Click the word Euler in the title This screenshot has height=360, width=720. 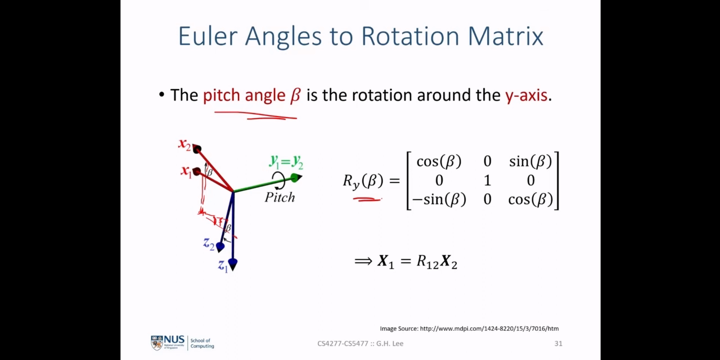point(208,36)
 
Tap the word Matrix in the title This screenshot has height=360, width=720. point(505,36)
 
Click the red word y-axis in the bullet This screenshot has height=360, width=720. point(526,96)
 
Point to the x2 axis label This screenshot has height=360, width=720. point(185,144)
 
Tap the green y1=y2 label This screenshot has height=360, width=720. point(286,161)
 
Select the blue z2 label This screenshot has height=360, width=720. point(209,244)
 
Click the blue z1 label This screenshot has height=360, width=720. point(223,266)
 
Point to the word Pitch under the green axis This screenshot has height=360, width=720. point(280,197)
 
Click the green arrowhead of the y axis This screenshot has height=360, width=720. point(296,177)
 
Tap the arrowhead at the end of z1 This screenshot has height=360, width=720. point(233,264)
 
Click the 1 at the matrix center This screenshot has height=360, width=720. point(487,181)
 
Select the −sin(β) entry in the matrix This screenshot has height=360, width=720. point(439,200)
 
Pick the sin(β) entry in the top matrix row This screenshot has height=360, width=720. point(530,161)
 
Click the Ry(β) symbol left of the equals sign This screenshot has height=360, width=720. point(363,181)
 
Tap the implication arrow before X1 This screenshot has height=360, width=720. point(363,261)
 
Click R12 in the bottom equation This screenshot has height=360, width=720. point(427,262)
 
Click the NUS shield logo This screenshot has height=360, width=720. point(157,343)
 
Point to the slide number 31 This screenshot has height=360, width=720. point(559,344)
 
